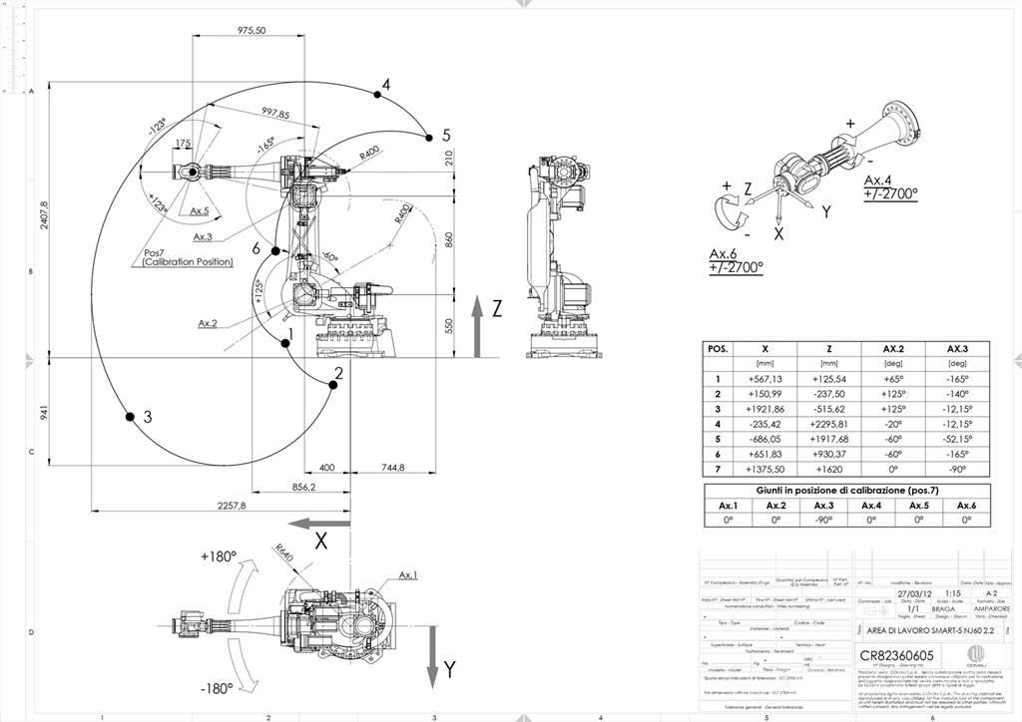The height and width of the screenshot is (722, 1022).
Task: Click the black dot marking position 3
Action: click(128, 416)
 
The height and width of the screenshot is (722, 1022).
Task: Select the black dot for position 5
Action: click(429, 136)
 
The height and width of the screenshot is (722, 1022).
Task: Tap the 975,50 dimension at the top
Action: click(251, 31)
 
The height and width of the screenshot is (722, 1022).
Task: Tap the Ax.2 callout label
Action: click(209, 323)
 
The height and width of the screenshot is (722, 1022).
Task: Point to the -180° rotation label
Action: click(216, 688)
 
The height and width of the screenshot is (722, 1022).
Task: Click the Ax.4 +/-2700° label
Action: click(890, 187)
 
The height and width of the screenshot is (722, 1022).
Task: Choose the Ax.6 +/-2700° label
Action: click(736, 260)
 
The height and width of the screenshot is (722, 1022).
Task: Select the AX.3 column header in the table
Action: click(957, 349)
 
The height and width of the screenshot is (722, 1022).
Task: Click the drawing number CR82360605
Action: click(897, 655)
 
